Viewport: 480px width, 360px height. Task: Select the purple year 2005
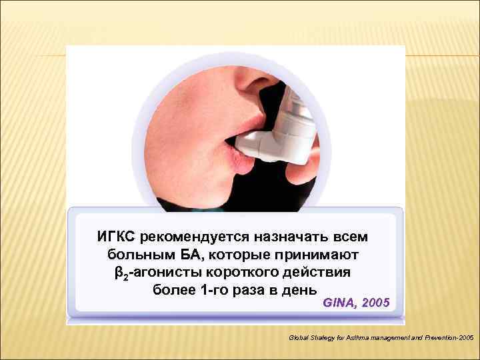375,303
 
